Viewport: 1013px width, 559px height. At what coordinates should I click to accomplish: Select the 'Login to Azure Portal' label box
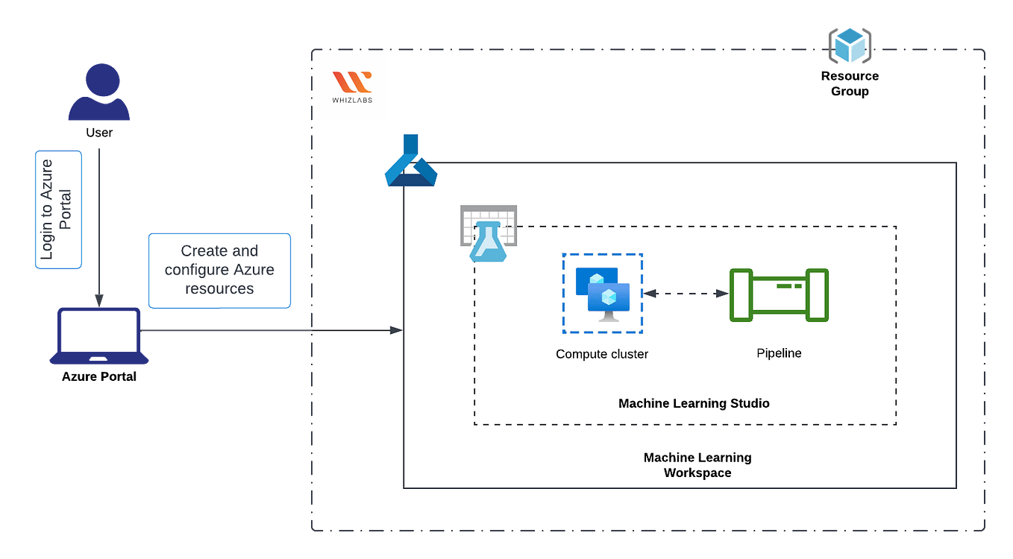[58, 209]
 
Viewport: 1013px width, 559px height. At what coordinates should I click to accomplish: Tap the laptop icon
[99, 336]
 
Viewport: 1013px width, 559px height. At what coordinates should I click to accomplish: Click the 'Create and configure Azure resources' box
[219, 270]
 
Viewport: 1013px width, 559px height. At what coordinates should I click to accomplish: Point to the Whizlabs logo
[352, 87]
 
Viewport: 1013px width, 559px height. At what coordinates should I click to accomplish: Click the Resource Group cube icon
[850, 45]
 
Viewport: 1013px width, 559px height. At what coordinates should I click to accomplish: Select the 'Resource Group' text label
[850, 83]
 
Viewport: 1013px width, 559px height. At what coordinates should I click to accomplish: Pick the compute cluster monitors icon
[602, 294]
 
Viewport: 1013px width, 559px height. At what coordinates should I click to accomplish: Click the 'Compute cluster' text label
[602, 354]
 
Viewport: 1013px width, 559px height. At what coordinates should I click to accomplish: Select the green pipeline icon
[779, 295]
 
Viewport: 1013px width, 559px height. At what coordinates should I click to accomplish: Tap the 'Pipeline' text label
[779, 353]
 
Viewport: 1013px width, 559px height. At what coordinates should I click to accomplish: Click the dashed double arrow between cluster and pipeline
[686, 294]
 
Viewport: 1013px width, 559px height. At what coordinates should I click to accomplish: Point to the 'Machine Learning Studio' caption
[694, 403]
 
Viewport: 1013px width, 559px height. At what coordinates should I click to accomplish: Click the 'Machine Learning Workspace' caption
[697, 465]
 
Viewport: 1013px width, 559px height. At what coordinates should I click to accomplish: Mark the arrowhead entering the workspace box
[397, 330]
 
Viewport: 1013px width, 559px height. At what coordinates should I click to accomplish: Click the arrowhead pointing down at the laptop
[99, 299]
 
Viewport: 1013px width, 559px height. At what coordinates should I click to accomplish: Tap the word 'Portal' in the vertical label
[66, 209]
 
